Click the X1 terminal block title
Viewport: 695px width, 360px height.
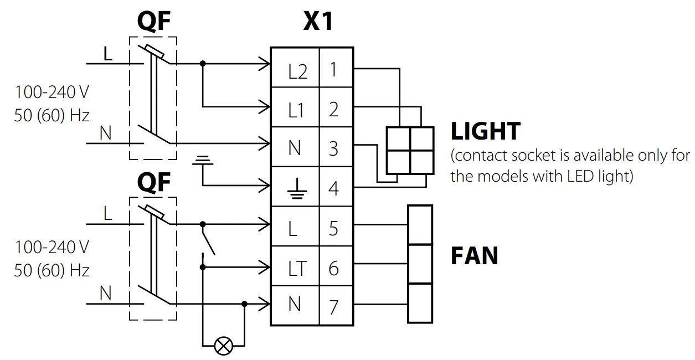[x=318, y=21]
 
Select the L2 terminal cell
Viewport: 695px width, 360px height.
[x=295, y=68]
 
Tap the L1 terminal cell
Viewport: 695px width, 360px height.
[x=295, y=107]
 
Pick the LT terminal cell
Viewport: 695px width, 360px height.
[x=295, y=266]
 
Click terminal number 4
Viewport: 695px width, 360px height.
[x=333, y=188]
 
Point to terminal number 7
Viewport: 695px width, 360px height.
[x=333, y=307]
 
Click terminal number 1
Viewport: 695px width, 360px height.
[x=333, y=69]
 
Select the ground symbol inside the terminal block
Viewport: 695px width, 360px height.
[x=297, y=188]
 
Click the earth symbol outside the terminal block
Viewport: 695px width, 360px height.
[x=203, y=160]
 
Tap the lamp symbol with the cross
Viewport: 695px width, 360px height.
[x=223, y=346]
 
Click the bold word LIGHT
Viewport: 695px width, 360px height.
[x=486, y=131]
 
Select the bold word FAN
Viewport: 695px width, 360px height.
[x=475, y=256]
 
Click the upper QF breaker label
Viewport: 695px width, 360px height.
[x=154, y=21]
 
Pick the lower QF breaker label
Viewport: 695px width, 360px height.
[x=154, y=182]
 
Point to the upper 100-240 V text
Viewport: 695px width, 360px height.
[x=52, y=92]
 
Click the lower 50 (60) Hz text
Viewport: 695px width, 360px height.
[x=52, y=271]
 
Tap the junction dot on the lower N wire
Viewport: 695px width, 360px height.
[x=244, y=304]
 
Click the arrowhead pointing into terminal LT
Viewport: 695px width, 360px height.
[x=264, y=267]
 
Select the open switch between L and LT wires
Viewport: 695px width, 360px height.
[x=208, y=239]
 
